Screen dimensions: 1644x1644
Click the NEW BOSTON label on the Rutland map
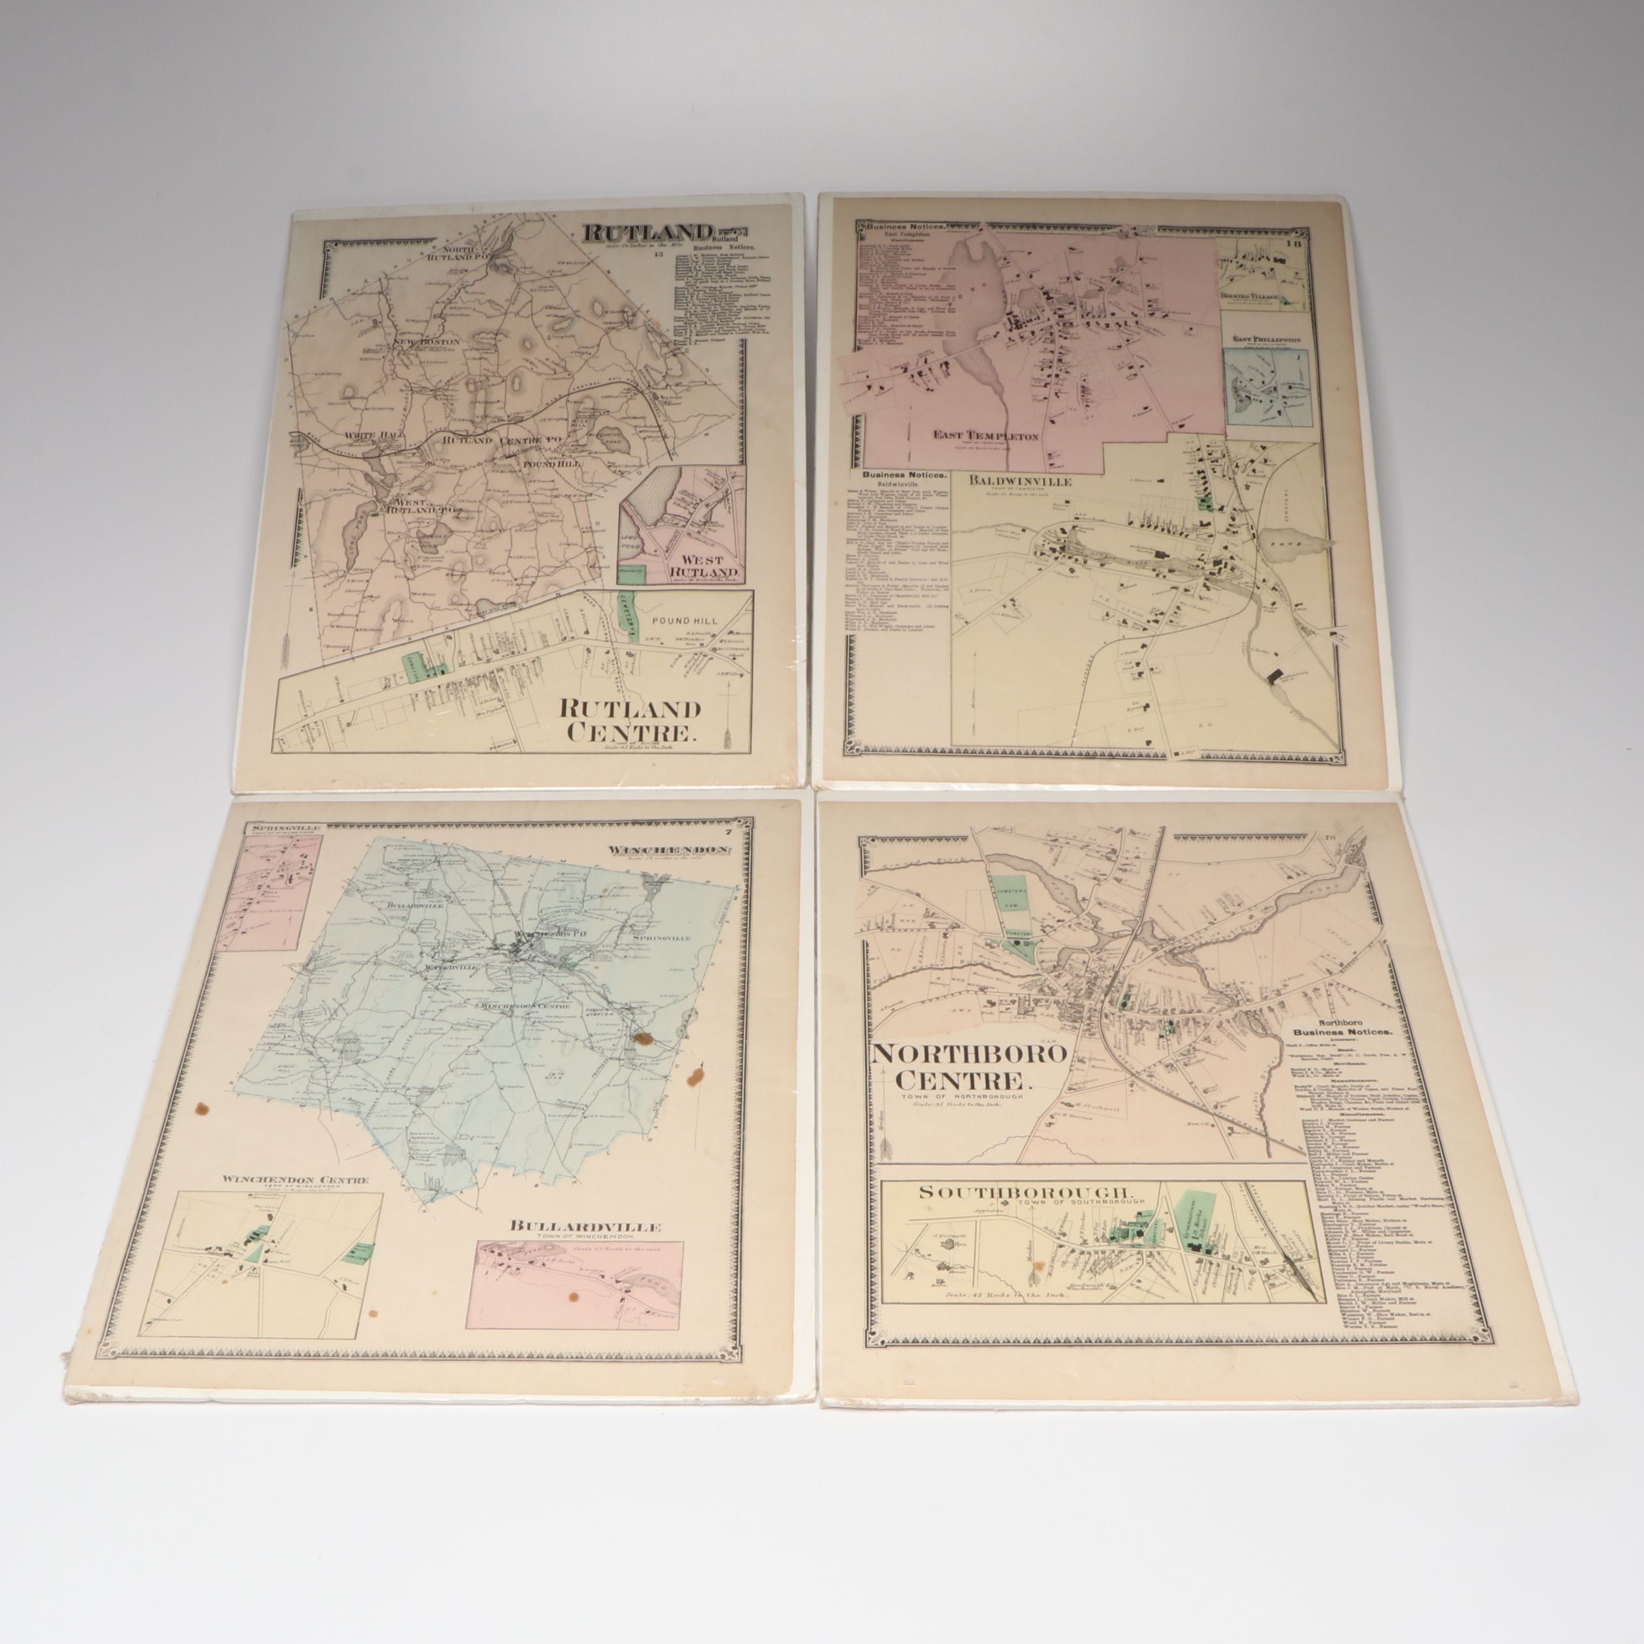(x=426, y=342)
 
